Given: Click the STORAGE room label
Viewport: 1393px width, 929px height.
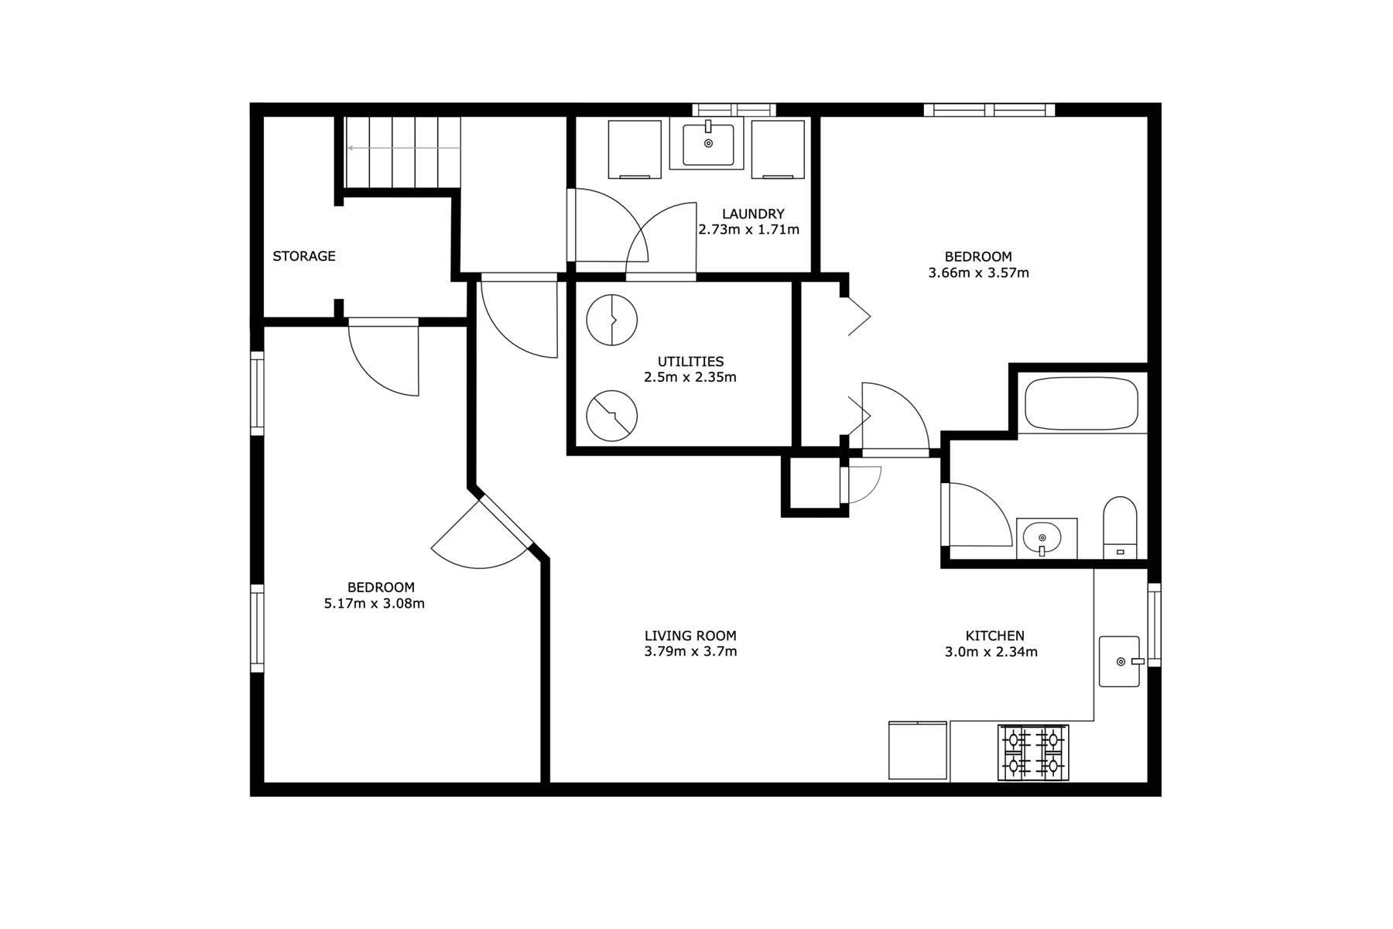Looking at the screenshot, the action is click(x=304, y=256).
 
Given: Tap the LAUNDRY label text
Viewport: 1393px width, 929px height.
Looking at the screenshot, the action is click(x=753, y=214).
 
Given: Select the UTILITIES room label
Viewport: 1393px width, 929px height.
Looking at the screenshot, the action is click(x=690, y=362).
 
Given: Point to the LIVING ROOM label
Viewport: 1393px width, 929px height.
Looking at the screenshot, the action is click(x=690, y=636).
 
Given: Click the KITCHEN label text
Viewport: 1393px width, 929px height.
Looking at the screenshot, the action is click(x=994, y=636).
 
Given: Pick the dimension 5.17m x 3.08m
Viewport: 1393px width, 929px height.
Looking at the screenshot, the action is click(x=375, y=604).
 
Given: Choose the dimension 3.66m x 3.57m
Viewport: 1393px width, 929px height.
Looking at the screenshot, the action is click(x=978, y=273).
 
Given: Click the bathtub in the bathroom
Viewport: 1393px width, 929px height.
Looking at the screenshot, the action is click(x=1081, y=403).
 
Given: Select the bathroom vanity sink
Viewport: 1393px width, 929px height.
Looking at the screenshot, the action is click(x=1046, y=538).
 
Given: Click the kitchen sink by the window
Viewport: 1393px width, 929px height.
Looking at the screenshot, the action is click(x=1120, y=661).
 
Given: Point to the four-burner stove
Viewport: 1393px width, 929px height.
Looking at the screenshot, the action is click(x=1033, y=752).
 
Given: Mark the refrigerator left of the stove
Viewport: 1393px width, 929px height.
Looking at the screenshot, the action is click(x=918, y=750).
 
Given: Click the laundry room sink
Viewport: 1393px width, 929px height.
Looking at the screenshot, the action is click(x=707, y=143).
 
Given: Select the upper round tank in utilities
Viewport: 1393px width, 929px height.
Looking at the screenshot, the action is click(x=612, y=319).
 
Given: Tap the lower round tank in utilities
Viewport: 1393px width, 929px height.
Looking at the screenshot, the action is click(x=612, y=416).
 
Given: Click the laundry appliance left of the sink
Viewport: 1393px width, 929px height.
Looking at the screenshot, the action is click(x=635, y=149).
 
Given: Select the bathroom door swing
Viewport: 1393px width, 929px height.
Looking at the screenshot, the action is click(x=977, y=515).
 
